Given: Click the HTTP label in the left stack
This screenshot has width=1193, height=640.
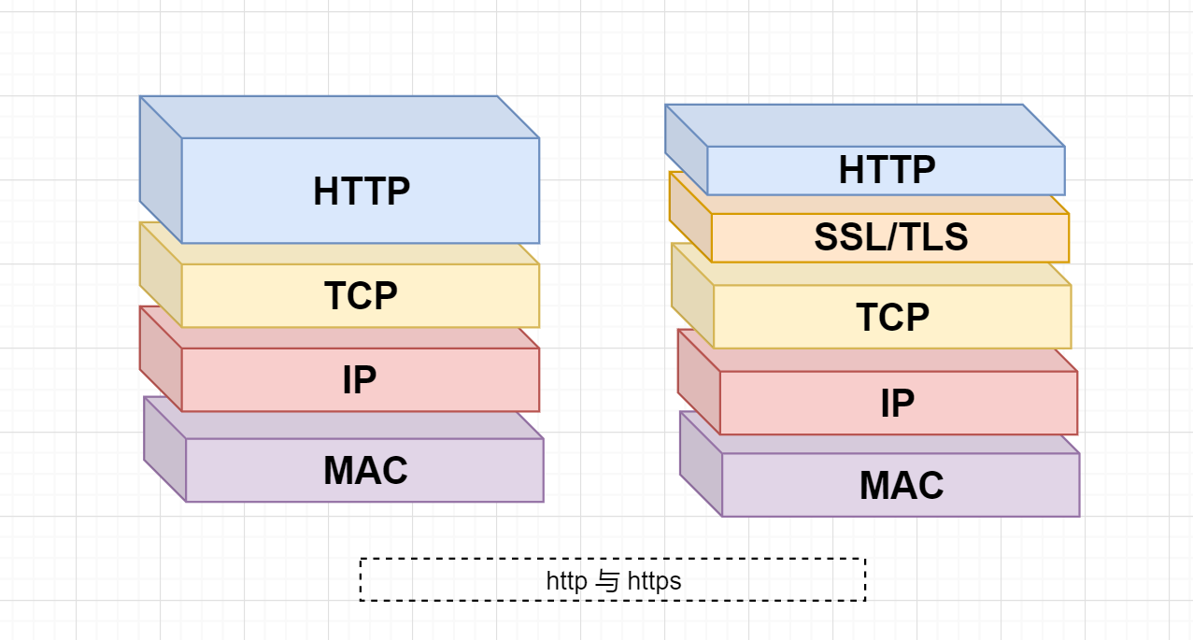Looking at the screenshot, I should coord(362,192).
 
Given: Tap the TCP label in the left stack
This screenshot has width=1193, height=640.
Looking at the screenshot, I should coord(361,295).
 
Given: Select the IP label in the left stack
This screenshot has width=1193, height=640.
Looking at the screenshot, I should coord(360,380).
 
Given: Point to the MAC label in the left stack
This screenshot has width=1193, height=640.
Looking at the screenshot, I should coord(365,470).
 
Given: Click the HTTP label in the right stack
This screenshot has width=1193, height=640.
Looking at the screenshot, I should coord(887,170).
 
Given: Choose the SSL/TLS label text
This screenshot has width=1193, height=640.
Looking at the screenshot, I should coord(890,238).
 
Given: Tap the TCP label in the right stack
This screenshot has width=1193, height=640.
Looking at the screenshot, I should coord(892,318).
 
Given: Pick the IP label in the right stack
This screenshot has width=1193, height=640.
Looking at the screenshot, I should coord(897,403).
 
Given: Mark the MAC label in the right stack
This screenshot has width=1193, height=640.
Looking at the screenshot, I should coord(902,486).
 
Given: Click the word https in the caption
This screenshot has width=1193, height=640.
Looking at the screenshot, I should coord(654,581).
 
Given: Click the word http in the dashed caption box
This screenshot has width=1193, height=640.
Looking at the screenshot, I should coord(566,581).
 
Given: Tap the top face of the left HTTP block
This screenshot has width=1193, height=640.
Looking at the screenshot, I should coord(339,117).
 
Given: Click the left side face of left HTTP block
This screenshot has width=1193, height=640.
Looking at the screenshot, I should coord(161,170).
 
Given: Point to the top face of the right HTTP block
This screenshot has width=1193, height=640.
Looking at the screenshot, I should coord(865,125).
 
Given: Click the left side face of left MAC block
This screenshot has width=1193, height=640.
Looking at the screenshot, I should coord(164,449).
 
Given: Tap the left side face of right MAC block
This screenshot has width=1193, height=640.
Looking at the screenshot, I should coord(701,464).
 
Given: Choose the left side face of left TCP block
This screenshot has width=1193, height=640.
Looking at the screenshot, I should coord(161,275).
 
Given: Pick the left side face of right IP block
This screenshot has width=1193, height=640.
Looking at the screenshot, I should coord(699,382).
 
